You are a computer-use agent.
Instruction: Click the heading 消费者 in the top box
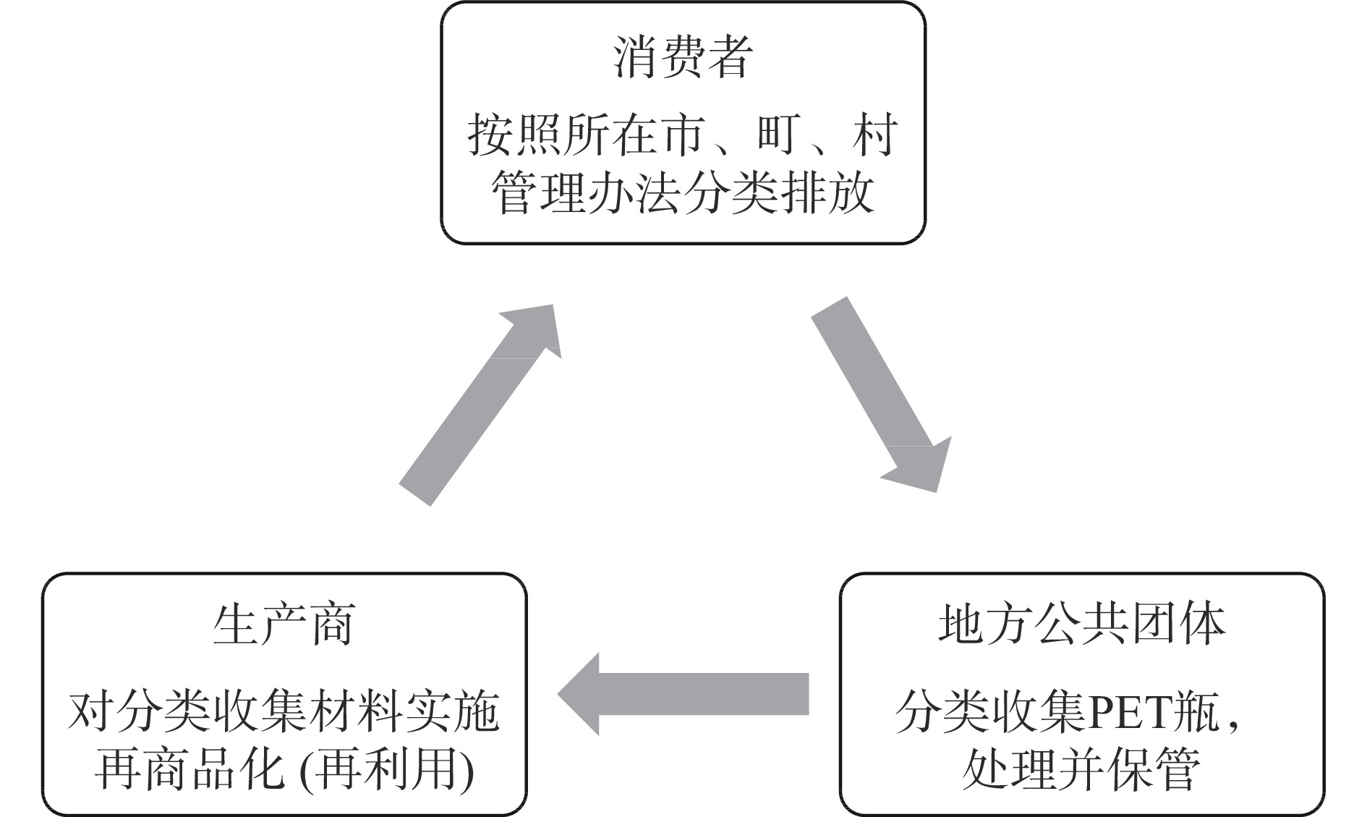pyautogui.click(x=683, y=58)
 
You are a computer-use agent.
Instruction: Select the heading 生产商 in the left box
pyautogui.click(x=284, y=625)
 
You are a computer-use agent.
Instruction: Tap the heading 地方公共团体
pyautogui.click(x=1081, y=625)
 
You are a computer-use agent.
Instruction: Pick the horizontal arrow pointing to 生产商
pyautogui.click(x=683, y=694)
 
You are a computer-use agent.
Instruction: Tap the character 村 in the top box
pyautogui.click(x=874, y=135)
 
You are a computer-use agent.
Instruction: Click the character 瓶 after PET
pyautogui.click(x=1200, y=713)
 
